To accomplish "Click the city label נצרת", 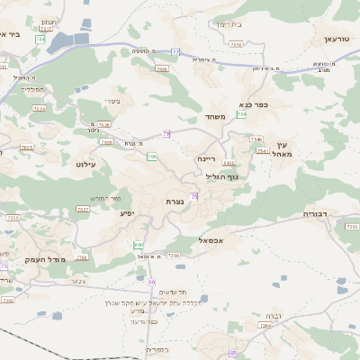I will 175,201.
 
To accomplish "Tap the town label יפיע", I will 126,213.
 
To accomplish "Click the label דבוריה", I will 319,215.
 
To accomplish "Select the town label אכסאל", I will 209,240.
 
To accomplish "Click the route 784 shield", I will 40,40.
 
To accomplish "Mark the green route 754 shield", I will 242,115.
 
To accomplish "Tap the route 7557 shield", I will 83,209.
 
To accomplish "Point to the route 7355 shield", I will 13,218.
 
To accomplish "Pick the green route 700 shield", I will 152,157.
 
